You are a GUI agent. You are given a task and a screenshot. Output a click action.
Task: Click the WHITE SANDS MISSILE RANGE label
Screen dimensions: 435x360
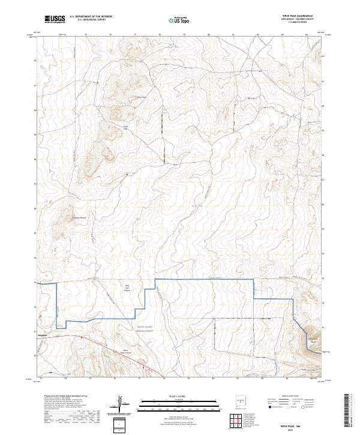[132, 328]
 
